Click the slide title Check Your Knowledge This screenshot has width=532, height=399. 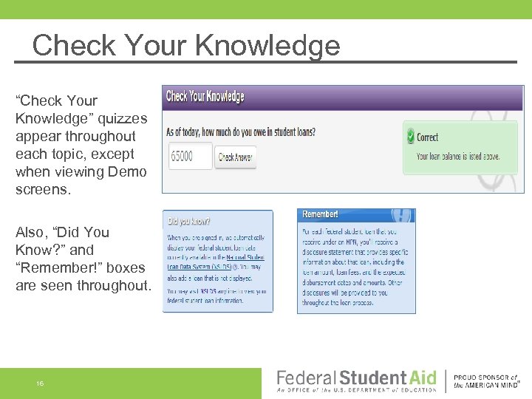[185, 45]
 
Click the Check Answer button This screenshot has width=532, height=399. [236, 157]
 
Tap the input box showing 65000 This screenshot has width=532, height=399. [190, 156]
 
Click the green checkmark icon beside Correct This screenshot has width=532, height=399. [410, 137]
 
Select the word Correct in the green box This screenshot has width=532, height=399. [427, 137]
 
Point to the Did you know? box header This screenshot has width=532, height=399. [189, 220]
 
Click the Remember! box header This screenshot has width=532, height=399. [321, 214]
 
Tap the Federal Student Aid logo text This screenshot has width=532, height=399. [356, 378]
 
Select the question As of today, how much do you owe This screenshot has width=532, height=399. [241, 133]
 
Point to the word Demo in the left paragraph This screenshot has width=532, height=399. [130, 172]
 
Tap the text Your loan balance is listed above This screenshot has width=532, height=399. [457, 156]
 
